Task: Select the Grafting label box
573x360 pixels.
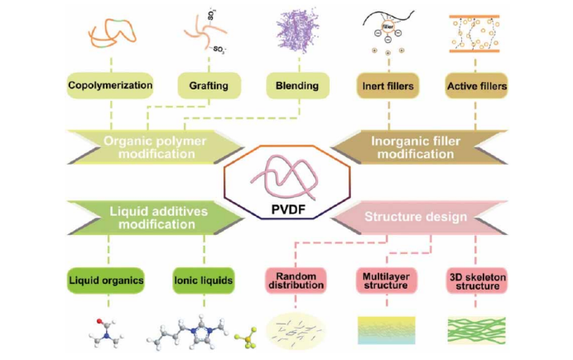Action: click(x=209, y=85)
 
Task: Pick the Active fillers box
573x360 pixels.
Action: click(x=477, y=85)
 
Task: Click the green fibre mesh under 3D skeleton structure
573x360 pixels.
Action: click(x=477, y=329)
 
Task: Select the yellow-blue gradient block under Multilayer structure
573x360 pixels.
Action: click(x=386, y=329)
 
